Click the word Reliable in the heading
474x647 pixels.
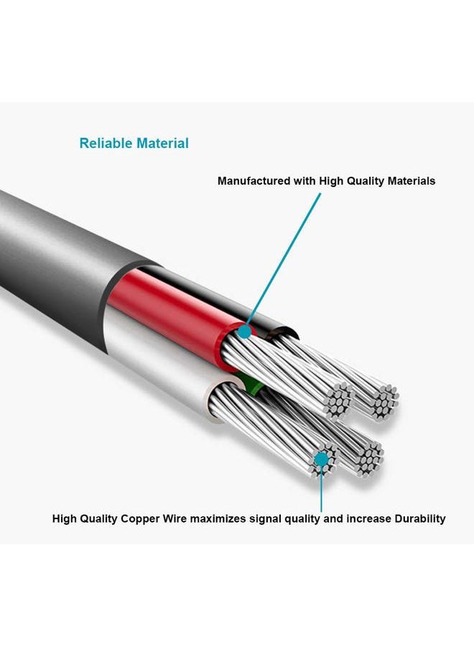pos(106,143)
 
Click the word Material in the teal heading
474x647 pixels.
pos(162,143)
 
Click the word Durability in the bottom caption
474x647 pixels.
pos(420,518)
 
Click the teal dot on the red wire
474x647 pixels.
pos(245,331)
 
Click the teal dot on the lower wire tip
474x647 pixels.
pos(322,459)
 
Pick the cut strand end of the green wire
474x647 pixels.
pos(370,459)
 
